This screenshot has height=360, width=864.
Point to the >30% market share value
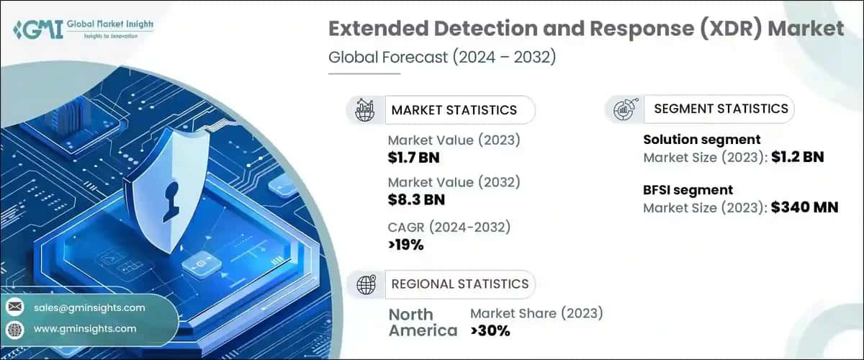pyautogui.click(x=490, y=330)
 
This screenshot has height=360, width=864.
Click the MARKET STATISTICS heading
pyautogui.click(x=454, y=110)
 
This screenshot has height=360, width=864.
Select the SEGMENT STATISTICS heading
pyautogui.click(x=721, y=109)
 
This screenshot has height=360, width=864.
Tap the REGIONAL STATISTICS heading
pyautogui.click(x=459, y=284)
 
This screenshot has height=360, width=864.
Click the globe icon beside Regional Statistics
pyautogui.click(x=366, y=284)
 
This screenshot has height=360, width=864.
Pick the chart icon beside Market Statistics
pyautogui.click(x=366, y=110)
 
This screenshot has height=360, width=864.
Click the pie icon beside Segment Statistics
pyautogui.click(x=624, y=109)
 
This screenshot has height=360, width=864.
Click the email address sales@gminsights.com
pyautogui.click(x=89, y=307)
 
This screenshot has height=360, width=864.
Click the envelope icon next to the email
pyautogui.click(x=14, y=307)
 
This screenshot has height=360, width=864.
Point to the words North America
pyautogui.click(x=422, y=323)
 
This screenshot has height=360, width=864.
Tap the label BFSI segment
pyautogui.click(x=688, y=190)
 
